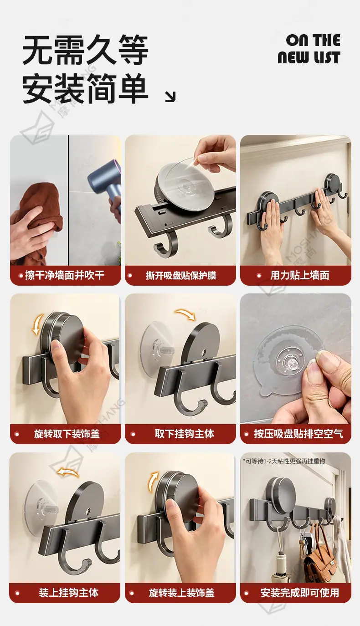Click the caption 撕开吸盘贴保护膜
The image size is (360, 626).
(181, 276)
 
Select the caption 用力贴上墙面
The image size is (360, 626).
(300, 276)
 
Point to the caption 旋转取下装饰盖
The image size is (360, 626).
(67, 434)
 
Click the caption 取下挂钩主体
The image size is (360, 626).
(185, 434)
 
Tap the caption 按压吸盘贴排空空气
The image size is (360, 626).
(298, 434)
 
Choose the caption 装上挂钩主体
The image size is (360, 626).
(69, 593)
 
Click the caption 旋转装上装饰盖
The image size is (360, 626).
(182, 593)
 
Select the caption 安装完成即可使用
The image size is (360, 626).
(300, 593)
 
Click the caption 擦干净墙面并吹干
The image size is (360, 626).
(65, 275)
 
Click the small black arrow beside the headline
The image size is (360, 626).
(170, 97)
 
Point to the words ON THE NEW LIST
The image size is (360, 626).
(309, 49)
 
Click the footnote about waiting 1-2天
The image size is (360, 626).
(284, 461)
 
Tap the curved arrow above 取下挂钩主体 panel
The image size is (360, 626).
(185, 314)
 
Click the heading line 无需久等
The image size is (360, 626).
(85, 50)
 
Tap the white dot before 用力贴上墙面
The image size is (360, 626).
(259, 276)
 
